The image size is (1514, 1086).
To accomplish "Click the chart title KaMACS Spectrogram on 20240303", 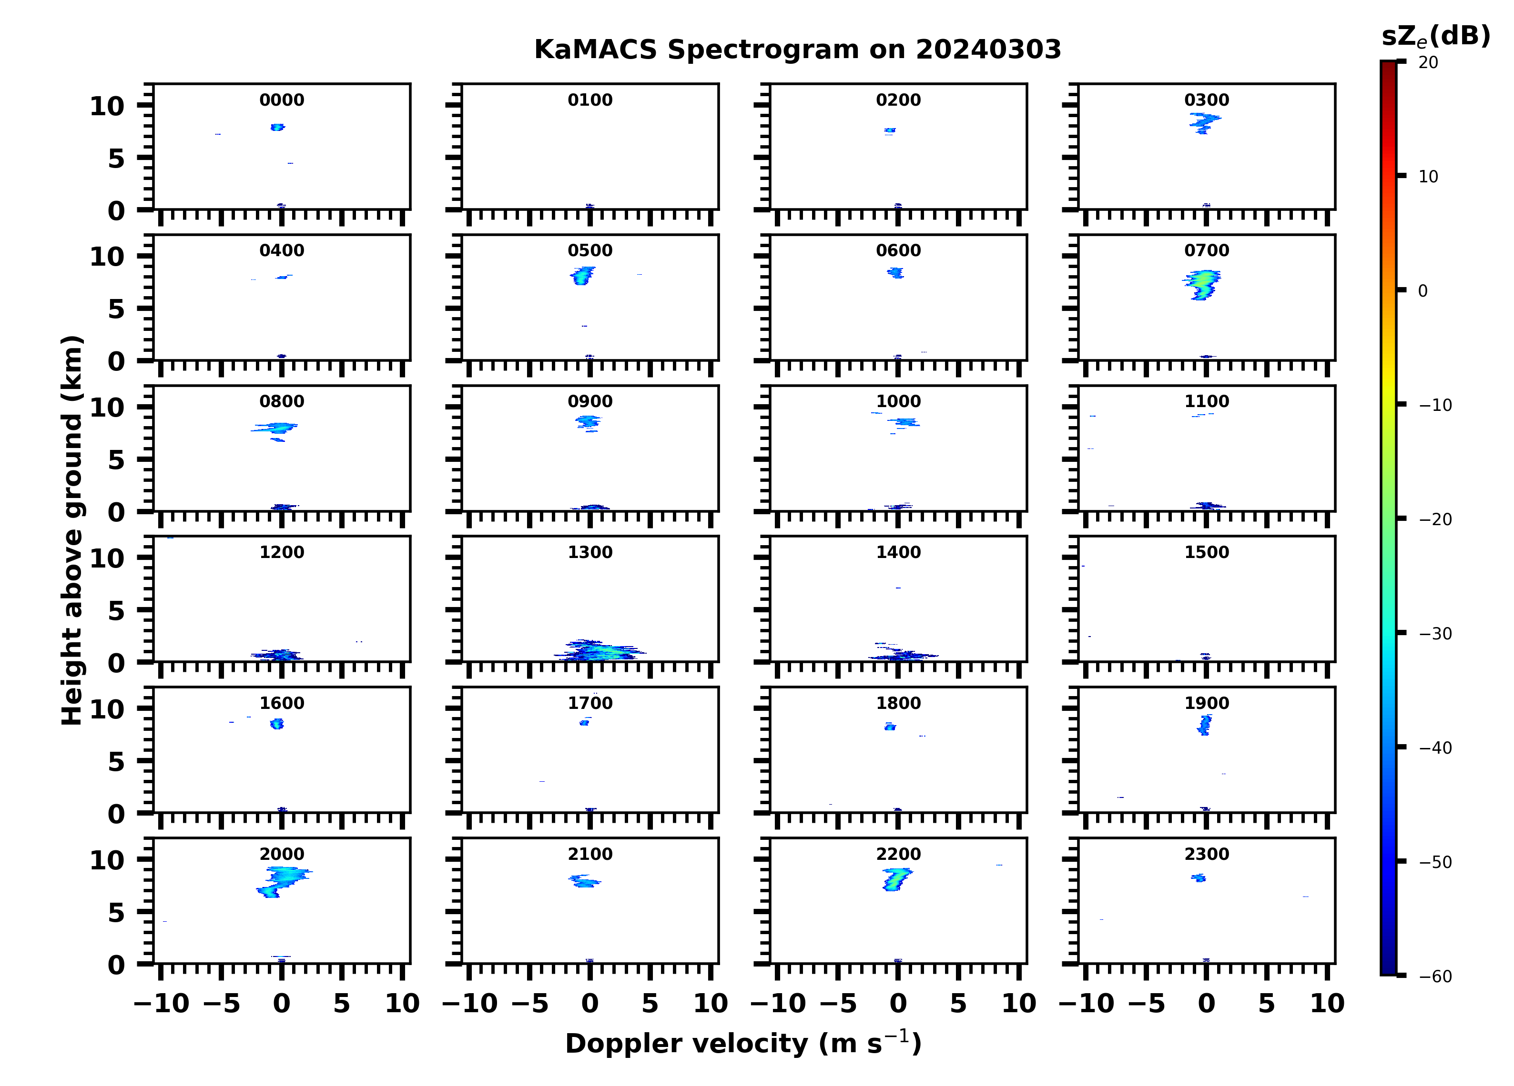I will [797, 50].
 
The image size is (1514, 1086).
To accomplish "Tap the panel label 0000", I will [282, 100].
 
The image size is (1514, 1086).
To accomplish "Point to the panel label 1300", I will [590, 552].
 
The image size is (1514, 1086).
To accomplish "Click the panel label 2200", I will [898, 854].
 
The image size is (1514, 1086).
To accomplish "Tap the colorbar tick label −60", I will [1435, 976].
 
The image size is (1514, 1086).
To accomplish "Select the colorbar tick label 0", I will [1423, 291].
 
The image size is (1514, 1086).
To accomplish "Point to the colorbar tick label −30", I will [1435, 634].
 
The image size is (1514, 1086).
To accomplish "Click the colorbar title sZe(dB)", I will [1435, 37].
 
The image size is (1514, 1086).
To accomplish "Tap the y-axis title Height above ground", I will [72, 530].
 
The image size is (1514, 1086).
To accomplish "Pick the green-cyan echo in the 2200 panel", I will [895, 879].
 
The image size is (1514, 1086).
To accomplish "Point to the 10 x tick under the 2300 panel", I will [1327, 1003].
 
